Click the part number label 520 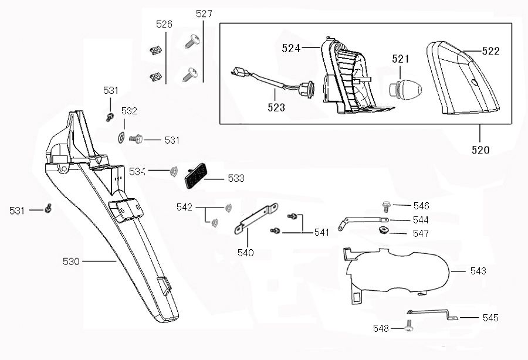point(480,150)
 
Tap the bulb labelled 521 point(404,88)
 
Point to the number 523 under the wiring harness point(276,107)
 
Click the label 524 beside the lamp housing point(291,49)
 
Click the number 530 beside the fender point(70,261)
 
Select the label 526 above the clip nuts point(164,25)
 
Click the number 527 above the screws point(204,13)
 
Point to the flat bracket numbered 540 point(256,218)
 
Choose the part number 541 point(321,232)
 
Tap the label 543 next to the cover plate point(478,271)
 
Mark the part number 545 point(490,318)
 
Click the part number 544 point(421,220)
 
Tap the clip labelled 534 point(174,171)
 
